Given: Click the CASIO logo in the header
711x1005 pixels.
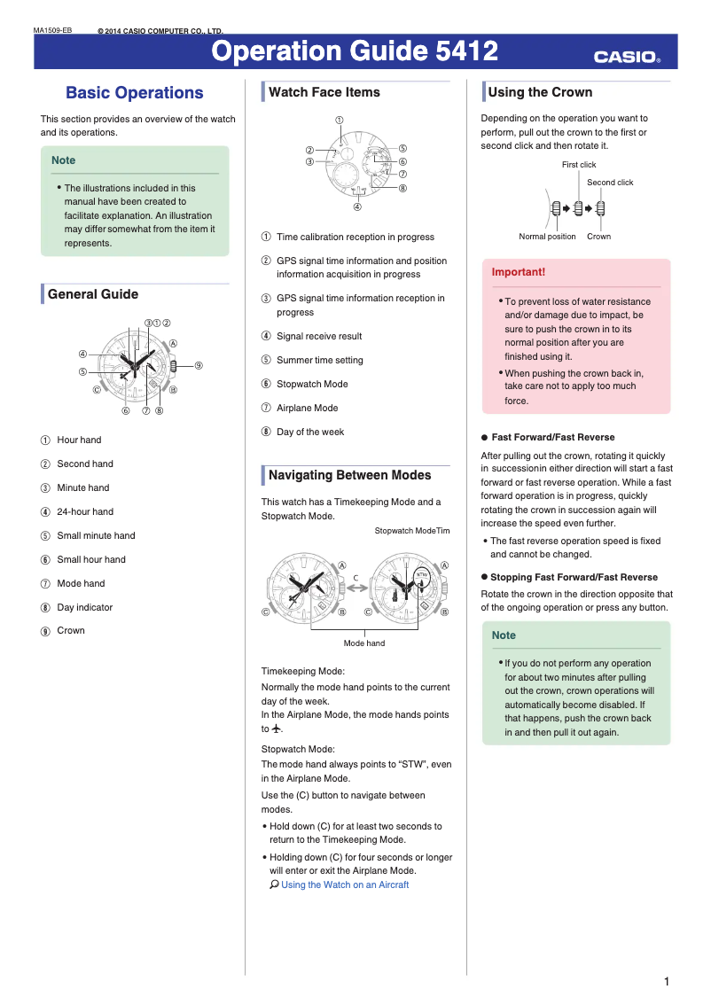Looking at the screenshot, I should point(627,58).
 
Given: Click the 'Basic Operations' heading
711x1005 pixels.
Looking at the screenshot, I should point(134,93).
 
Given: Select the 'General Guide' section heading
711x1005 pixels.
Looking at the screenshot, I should point(92,294).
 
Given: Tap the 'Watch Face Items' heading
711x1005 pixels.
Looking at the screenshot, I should point(324,92).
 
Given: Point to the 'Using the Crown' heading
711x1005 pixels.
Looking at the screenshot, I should point(540,92).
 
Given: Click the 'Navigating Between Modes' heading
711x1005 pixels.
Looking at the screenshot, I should point(349,475).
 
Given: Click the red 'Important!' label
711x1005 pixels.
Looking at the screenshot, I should point(519,272).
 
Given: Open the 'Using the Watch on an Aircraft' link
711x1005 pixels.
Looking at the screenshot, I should point(345,884).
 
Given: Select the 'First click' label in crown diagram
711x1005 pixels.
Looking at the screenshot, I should point(579,165).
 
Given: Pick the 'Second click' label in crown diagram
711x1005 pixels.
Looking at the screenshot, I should point(610,183).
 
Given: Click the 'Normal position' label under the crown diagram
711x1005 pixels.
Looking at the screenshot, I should point(547,237).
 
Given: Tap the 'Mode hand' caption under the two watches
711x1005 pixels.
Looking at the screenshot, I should point(363,643).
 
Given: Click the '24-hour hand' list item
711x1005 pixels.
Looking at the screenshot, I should point(85,511).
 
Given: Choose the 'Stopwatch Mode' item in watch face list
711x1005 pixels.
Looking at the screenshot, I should point(312,384).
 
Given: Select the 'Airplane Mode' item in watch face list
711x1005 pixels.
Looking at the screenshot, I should point(307,408).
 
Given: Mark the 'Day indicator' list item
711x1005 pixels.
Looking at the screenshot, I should point(84,607).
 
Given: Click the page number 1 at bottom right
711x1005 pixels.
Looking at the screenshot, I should point(666,981).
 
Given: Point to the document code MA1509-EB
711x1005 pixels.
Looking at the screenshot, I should point(52,31).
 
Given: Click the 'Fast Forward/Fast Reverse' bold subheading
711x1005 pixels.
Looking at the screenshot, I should point(552,437).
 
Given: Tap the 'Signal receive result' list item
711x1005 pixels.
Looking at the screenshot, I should point(319,336).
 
